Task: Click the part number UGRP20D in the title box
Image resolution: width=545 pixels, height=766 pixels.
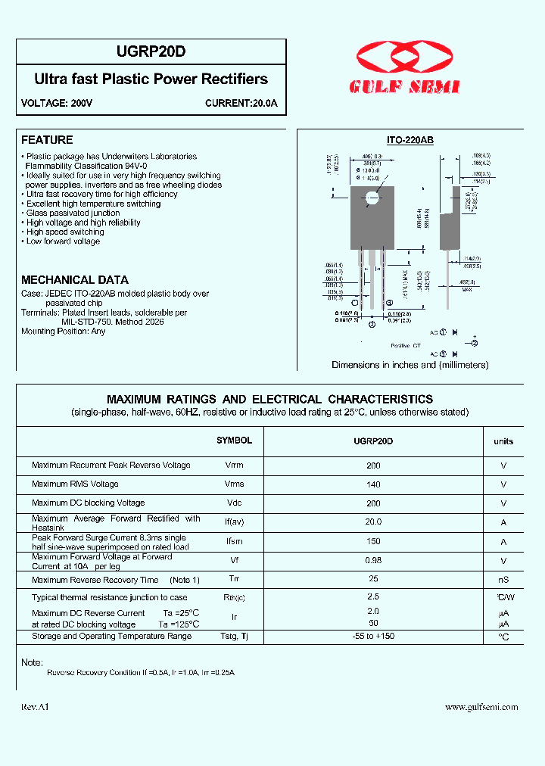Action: (x=151, y=51)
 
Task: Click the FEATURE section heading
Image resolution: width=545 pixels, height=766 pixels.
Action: (x=47, y=140)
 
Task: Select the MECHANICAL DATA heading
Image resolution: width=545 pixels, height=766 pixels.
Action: (x=75, y=279)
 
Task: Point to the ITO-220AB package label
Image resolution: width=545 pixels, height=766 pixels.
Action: (x=410, y=140)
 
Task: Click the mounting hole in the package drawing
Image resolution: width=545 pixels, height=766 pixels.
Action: (x=372, y=200)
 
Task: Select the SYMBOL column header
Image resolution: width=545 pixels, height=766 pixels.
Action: (x=234, y=441)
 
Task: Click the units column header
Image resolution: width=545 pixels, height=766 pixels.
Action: (x=503, y=441)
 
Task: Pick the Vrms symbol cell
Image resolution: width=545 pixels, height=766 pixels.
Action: (x=234, y=484)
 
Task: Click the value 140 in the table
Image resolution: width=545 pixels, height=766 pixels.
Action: (x=373, y=484)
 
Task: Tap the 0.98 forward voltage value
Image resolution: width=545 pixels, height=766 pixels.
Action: (x=373, y=561)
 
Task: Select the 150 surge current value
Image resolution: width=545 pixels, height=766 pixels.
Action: (x=373, y=542)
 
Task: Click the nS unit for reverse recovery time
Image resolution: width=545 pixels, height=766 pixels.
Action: (x=503, y=581)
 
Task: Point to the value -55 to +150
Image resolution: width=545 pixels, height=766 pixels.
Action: (x=373, y=637)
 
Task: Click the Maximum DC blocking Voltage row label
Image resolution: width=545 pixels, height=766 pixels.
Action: (x=88, y=503)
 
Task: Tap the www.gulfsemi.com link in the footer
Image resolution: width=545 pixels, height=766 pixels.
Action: (x=481, y=707)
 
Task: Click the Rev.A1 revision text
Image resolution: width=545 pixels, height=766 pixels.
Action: (x=36, y=707)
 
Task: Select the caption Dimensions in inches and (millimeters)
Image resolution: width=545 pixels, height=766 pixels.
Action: (x=410, y=365)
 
